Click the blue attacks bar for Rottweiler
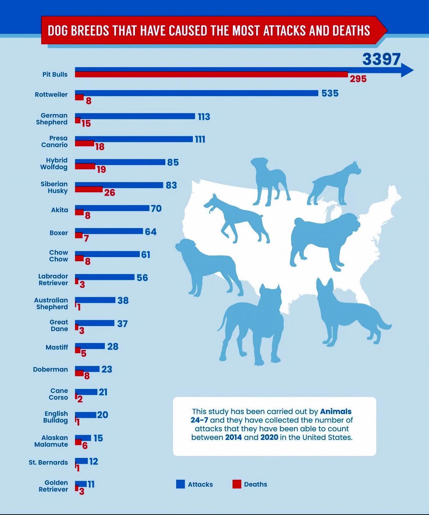[196, 93]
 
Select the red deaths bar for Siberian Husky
[89, 189]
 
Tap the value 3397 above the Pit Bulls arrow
[381, 60]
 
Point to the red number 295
[358, 79]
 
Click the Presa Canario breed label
[54, 141]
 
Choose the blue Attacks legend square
[180, 484]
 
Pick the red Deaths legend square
[237, 484]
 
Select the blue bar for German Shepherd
[135, 116]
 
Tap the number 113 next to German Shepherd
[204, 117]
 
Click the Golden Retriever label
[53, 486]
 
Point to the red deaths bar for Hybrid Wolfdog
[85, 166]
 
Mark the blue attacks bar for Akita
[112, 208]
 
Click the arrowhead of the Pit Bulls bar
[407, 70]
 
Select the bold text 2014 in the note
[233, 437]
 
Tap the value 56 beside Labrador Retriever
[142, 278]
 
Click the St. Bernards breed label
[48, 462]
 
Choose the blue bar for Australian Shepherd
[95, 300]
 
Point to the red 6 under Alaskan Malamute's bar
[85, 446]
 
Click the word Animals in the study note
[335, 411]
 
